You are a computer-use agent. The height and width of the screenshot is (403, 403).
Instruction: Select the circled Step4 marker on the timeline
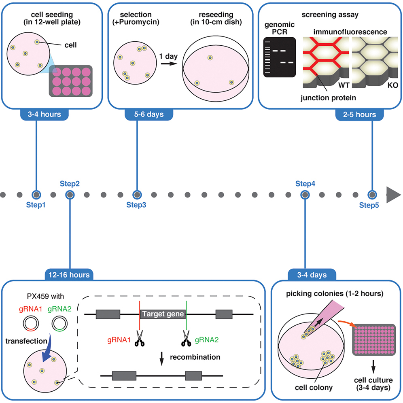[x=305, y=195]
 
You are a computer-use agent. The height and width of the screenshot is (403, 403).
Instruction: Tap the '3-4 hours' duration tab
[x=45, y=115]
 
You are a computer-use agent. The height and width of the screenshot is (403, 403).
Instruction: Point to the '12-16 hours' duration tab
[x=69, y=275]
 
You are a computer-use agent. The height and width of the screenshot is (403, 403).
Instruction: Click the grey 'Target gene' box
[x=163, y=314]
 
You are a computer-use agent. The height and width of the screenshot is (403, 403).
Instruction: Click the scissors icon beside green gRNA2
[x=187, y=338]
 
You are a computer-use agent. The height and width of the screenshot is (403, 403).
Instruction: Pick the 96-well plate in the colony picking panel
[x=373, y=341]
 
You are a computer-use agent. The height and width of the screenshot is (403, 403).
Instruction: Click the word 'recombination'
[x=195, y=357]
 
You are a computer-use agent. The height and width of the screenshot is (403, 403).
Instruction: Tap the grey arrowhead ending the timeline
[x=392, y=195]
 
